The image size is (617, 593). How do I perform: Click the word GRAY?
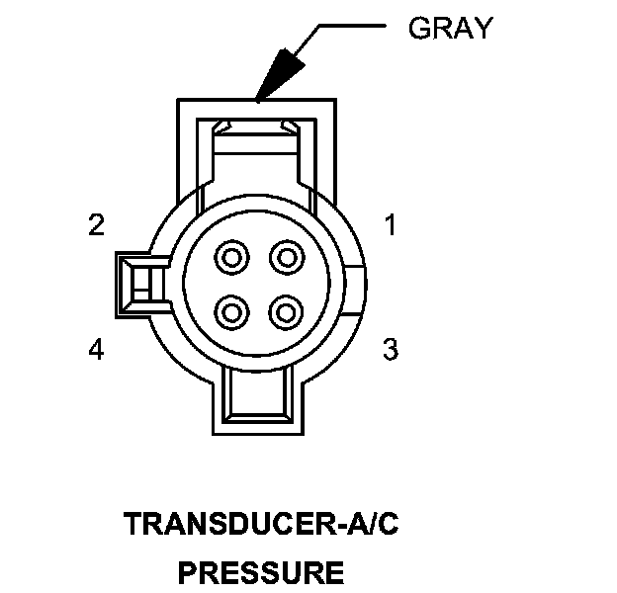tap(449, 29)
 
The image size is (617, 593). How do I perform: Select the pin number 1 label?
tap(391, 226)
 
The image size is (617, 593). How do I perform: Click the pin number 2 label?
tap(96, 226)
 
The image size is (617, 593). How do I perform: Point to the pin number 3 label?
tap(391, 349)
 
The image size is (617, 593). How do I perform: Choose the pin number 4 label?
tap(96, 349)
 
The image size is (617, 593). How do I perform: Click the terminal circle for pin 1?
tap(287, 259)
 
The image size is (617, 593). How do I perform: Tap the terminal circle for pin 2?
tap(232, 259)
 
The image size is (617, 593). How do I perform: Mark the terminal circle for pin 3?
tap(287, 313)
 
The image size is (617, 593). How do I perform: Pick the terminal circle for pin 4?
tap(232, 313)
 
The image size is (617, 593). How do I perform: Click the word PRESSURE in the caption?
tap(261, 572)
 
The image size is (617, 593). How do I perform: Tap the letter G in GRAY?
tap(419, 29)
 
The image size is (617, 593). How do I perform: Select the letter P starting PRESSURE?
tap(186, 572)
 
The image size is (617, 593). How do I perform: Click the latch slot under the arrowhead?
tap(258, 127)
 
